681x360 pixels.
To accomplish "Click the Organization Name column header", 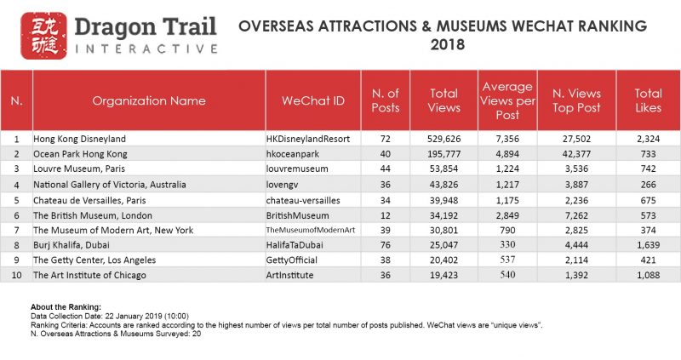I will click(x=149, y=100).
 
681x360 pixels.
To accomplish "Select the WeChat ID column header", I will click(x=313, y=100).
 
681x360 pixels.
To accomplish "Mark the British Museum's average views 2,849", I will click(x=507, y=214).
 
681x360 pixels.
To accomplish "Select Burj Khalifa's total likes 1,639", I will click(x=651, y=245).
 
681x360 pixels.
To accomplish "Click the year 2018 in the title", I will click(x=448, y=44).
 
